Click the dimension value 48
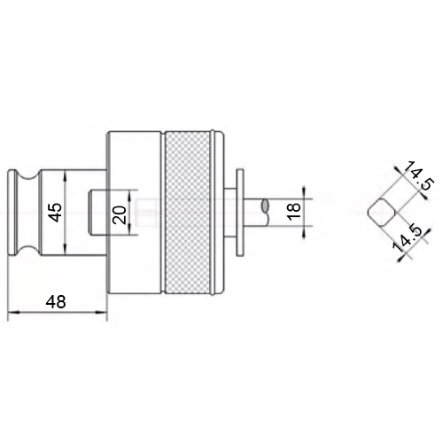click(56, 302)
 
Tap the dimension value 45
click(56, 213)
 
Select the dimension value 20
click(120, 214)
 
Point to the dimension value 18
click(294, 212)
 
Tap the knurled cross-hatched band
click(189, 213)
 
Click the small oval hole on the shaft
click(265, 206)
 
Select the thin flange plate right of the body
click(240, 213)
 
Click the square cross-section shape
click(381, 213)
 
